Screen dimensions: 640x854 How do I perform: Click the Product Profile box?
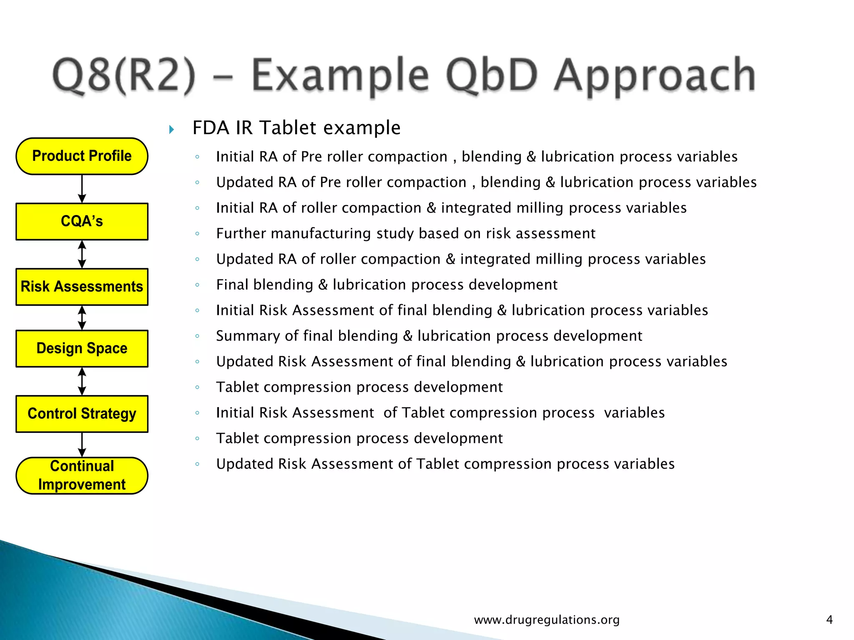point(82,156)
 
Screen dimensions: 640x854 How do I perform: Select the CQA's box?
point(82,221)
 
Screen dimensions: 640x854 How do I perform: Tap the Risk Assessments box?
point(82,287)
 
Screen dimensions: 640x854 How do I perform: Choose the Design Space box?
point(82,348)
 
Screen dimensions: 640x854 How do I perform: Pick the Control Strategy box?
point(82,414)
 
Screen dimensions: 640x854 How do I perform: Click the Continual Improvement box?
point(82,475)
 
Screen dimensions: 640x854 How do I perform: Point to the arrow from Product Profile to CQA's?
point(82,189)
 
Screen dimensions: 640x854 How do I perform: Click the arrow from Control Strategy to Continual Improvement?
point(82,445)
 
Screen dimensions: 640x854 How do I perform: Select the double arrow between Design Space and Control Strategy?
point(82,381)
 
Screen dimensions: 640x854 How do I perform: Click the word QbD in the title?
point(492,76)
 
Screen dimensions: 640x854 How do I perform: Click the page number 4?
point(829,620)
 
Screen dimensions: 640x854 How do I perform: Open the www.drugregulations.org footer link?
point(547,620)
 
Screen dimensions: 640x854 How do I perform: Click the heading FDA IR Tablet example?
point(296,127)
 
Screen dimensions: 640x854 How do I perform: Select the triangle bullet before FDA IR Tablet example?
point(171,130)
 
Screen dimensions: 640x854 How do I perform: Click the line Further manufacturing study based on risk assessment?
point(405,233)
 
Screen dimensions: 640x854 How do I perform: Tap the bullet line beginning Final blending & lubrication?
point(387,285)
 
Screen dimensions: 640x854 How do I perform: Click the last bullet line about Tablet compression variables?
point(445,464)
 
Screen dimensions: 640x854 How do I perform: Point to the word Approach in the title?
point(655,76)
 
